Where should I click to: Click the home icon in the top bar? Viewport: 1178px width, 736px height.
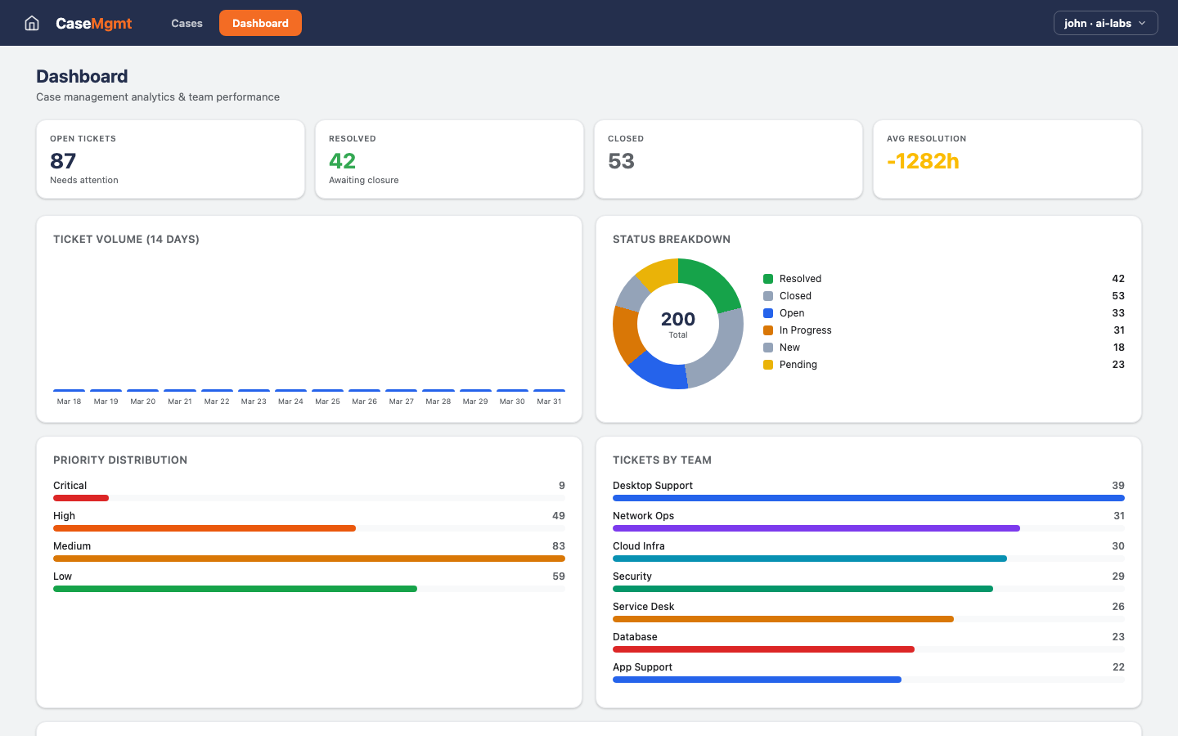tap(32, 23)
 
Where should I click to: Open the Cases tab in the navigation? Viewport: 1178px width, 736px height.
tap(187, 23)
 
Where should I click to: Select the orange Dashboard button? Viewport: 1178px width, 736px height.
tap(260, 23)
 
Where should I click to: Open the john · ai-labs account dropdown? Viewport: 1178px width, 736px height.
tap(1105, 23)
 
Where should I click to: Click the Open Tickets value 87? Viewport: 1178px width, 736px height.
tap(63, 161)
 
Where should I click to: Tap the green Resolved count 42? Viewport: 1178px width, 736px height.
tap(342, 161)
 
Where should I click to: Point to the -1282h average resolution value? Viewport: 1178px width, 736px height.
tap(923, 161)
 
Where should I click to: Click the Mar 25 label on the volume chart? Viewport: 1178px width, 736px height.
tap(327, 402)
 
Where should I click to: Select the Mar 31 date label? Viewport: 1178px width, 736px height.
tap(549, 402)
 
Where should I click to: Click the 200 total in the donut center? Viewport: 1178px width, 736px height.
tap(678, 319)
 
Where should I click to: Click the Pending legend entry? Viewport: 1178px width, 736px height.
tap(798, 365)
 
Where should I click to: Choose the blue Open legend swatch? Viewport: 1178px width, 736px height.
tap(768, 313)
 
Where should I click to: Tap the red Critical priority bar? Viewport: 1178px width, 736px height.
tap(81, 498)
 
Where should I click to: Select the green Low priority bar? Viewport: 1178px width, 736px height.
tap(235, 589)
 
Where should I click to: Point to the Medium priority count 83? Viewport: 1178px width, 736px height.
tap(558, 546)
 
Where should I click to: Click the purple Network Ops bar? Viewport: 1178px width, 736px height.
tap(816, 528)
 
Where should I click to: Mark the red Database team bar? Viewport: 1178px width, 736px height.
tap(763, 649)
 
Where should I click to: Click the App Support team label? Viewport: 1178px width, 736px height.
tap(642, 667)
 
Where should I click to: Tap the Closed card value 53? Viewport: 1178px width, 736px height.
tap(621, 161)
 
